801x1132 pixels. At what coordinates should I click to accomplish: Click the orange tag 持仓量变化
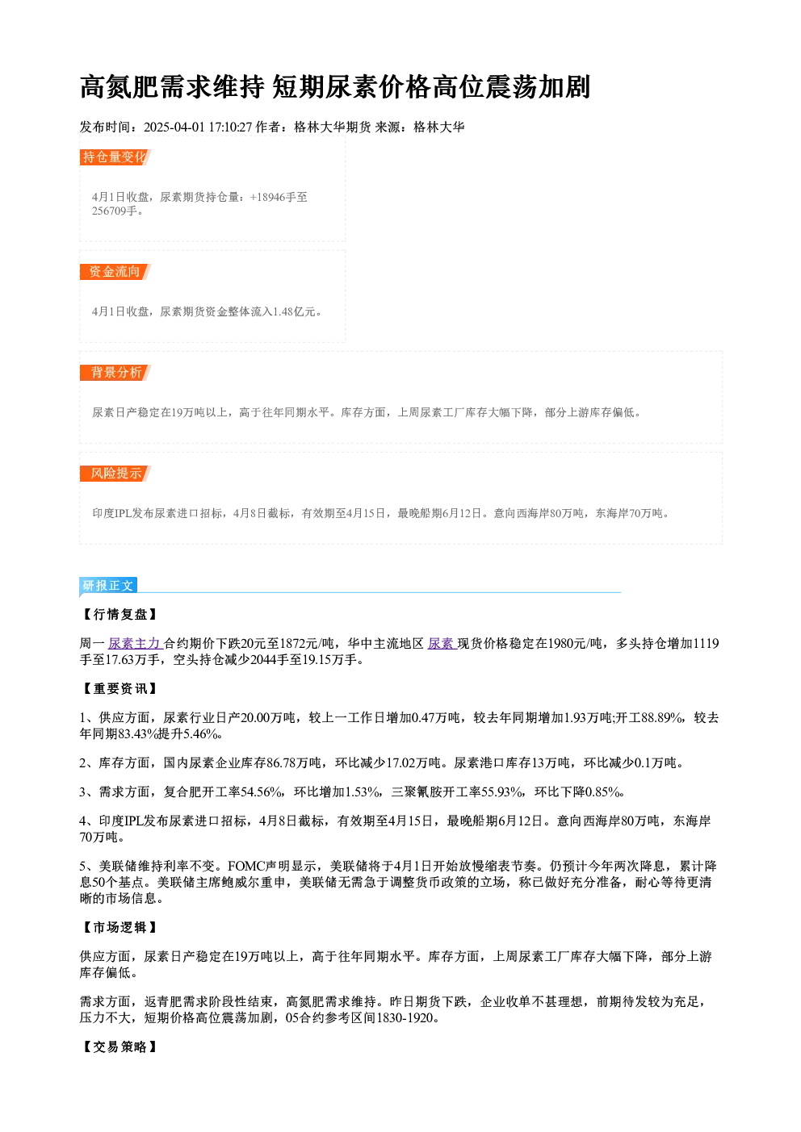pos(115,157)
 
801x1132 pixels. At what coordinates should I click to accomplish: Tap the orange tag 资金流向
pos(115,271)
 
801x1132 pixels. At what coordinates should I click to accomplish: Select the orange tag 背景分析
pos(115,373)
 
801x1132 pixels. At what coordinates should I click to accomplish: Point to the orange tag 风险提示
pos(115,474)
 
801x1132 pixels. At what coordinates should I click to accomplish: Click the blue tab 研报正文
pos(108,585)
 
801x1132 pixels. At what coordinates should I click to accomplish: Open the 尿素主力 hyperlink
pos(135,643)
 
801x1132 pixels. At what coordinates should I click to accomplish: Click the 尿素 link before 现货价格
pos(442,643)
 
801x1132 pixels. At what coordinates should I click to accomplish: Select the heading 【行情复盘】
pos(120,614)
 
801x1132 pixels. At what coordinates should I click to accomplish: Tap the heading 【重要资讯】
pos(120,688)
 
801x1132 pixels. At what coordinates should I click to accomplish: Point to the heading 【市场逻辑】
pos(120,927)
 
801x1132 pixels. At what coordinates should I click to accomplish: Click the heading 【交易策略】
pos(120,1046)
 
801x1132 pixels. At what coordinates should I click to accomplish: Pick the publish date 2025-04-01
pos(174,127)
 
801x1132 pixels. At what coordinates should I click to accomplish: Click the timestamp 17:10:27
pos(230,127)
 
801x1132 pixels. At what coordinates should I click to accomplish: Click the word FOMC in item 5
pos(245,867)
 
